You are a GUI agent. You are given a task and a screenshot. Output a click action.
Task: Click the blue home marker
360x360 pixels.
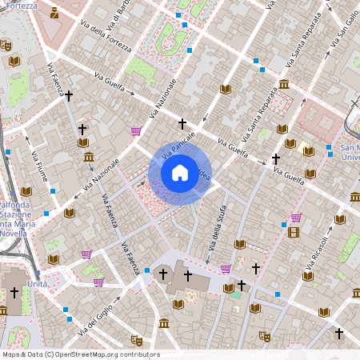tap(180, 173)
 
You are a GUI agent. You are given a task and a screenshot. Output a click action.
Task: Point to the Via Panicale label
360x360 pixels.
tap(178, 149)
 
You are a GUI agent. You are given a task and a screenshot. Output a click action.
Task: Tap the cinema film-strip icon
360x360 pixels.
tap(293, 232)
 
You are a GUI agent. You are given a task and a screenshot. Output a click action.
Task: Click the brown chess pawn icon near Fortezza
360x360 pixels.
tap(54, 13)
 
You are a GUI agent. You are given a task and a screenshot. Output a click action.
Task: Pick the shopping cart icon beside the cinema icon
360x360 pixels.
tap(296, 217)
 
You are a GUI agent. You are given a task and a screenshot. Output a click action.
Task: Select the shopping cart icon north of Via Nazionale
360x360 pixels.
tap(135, 131)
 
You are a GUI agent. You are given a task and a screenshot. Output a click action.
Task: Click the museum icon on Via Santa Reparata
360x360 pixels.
tap(283, 85)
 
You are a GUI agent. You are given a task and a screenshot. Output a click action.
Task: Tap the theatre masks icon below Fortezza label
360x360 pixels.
tap(6, 46)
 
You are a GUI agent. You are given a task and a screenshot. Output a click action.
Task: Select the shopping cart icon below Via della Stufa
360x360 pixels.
tap(226, 269)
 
